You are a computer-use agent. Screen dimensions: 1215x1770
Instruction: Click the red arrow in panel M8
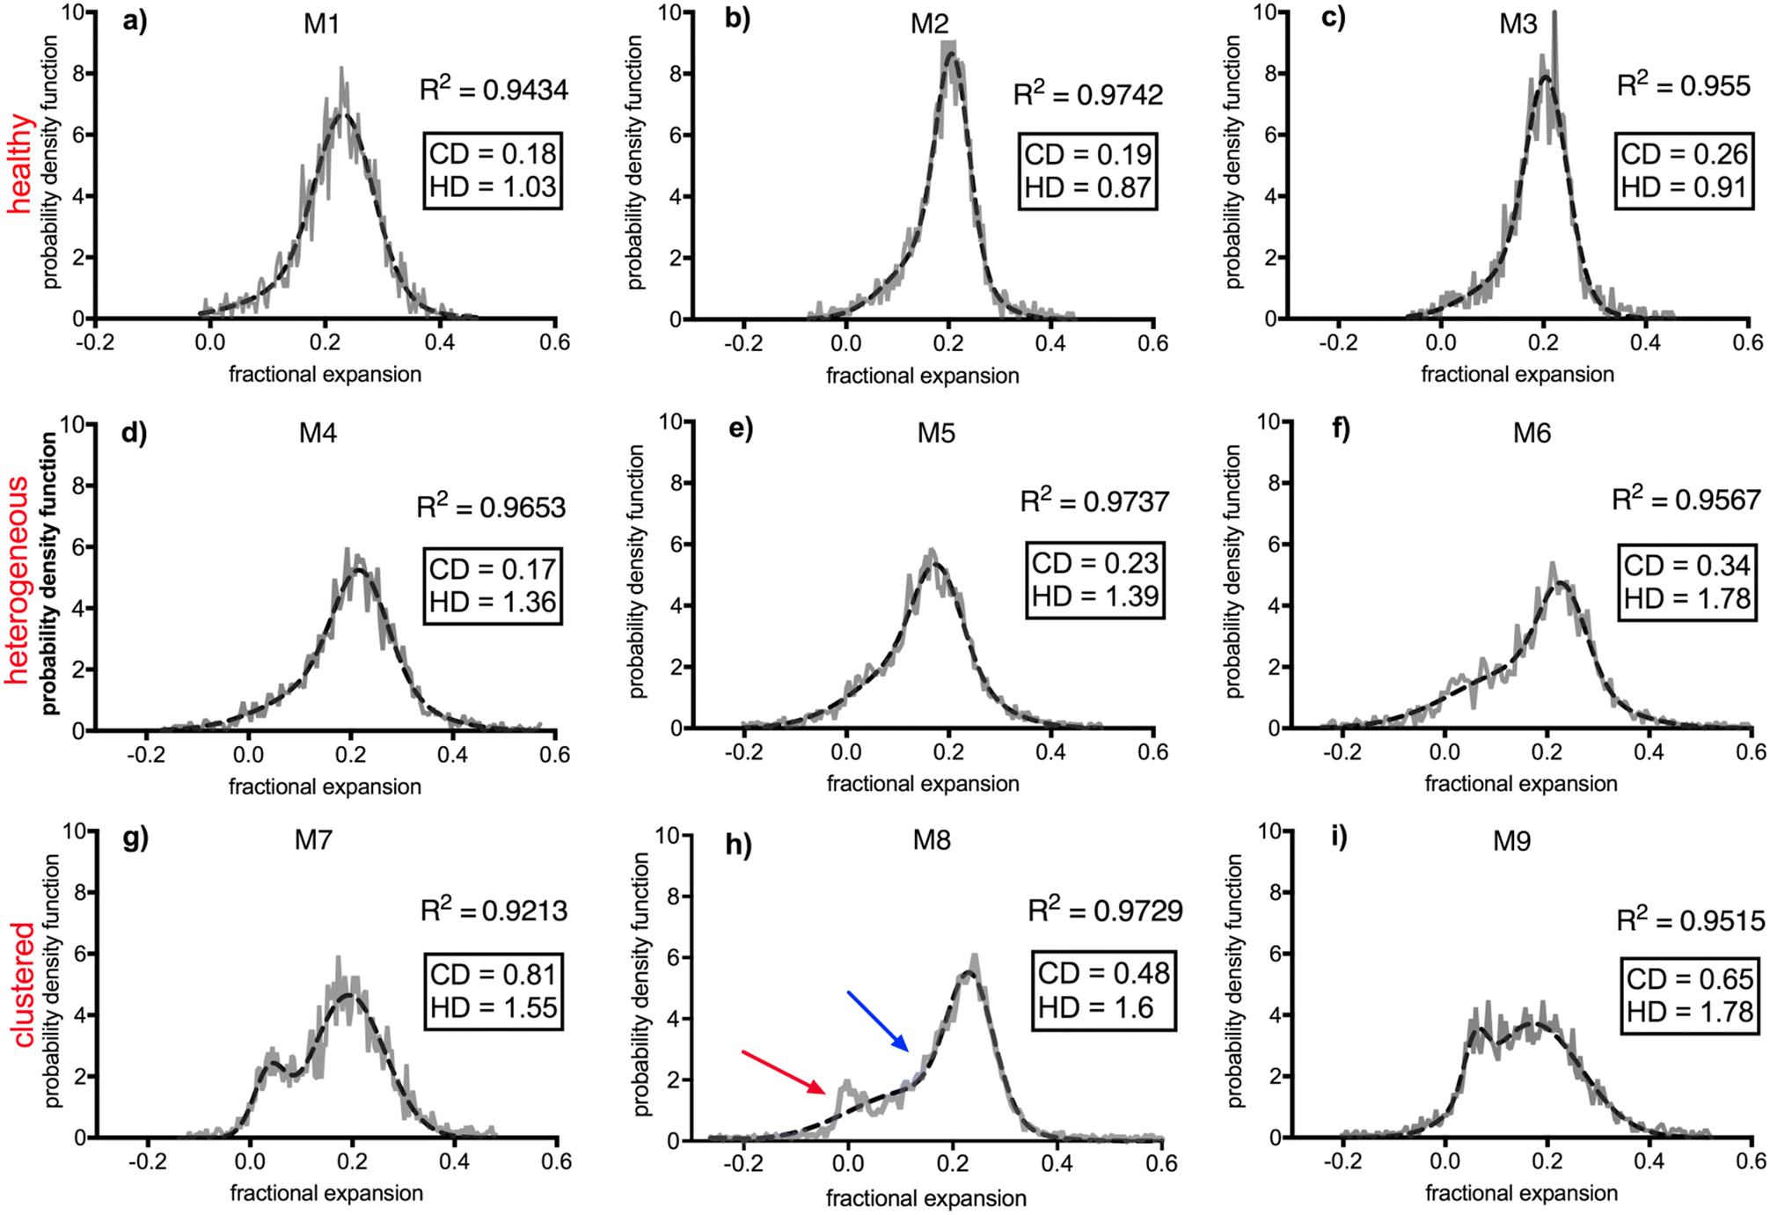tap(784, 1072)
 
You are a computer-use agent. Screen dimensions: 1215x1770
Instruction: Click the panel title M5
tap(936, 433)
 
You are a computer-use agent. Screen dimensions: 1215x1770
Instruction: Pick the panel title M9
tap(1511, 841)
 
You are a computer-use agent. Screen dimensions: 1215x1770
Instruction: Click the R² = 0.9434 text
tap(494, 89)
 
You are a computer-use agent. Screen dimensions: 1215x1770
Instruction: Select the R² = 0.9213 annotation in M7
tap(494, 910)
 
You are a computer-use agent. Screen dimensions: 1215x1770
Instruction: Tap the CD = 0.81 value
tap(494, 975)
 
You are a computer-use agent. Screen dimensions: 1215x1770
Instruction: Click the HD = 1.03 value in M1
tap(493, 187)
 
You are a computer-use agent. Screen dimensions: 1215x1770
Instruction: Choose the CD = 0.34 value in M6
tap(1687, 566)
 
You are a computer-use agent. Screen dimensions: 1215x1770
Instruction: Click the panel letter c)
tap(1334, 18)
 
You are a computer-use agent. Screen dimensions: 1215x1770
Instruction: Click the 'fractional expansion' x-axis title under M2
tap(922, 376)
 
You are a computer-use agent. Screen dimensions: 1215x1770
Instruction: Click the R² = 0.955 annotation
tap(1684, 85)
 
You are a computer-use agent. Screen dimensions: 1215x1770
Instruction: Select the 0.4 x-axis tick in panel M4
tap(452, 755)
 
